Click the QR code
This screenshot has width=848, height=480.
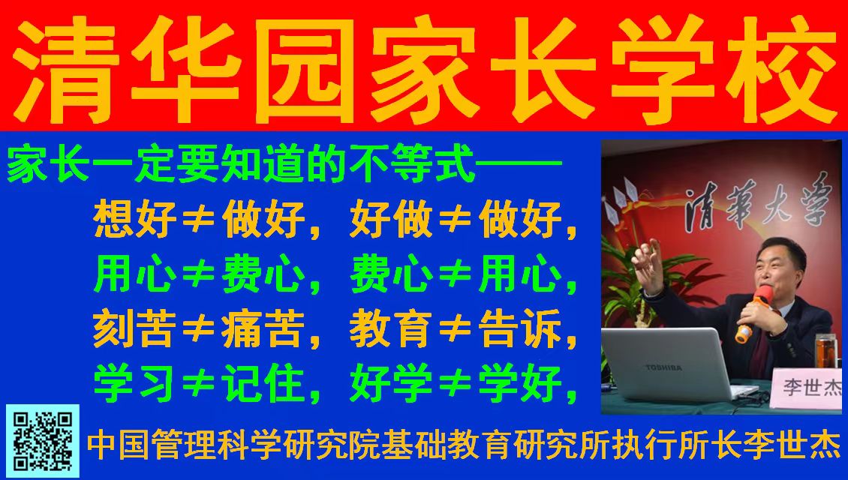coord(43,441)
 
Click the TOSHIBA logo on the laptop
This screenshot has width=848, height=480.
coord(663,367)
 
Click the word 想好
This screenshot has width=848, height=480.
coord(135,219)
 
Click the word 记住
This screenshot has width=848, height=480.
coord(263,383)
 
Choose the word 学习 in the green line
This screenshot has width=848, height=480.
coord(134,383)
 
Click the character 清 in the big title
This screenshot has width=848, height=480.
coord(65,69)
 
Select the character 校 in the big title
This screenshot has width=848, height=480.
coord(780,69)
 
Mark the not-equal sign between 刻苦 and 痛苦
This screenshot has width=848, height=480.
coord(199,329)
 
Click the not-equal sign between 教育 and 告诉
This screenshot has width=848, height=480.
coord(456,329)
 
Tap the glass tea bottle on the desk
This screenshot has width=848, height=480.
coord(824,351)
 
